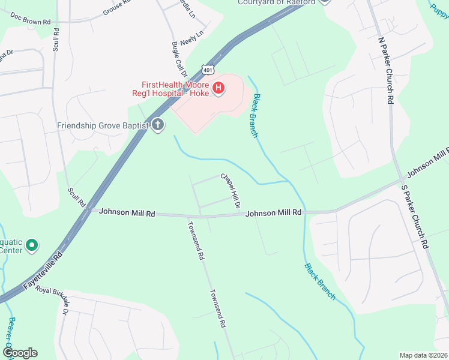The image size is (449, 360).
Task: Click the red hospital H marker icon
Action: pyautogui.click(x=219, y=89)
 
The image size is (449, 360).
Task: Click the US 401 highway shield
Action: pyautogui.click(x=208, y=70)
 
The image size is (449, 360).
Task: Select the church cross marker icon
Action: pyautogui.click(x=158, y=125)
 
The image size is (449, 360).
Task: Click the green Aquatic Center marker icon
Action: pyautogui.click(x=32, y=245)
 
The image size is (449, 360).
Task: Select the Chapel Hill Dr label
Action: pyautogui.click(x=231, y=191)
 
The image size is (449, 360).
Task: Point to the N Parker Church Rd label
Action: pyautogui.click(x=385, y=71)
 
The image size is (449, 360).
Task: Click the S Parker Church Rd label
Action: pyautogui.click(x=415, y=216)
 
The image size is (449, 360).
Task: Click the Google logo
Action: pyautogui.click(x=20, y=353)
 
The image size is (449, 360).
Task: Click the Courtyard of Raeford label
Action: pyautogui.click(x=277, y=2)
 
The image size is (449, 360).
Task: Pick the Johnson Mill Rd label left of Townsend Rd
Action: pyautogui.click(x=127, y=212)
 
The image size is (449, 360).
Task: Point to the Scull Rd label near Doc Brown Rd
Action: pyautogui.click(x=55, y=38)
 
